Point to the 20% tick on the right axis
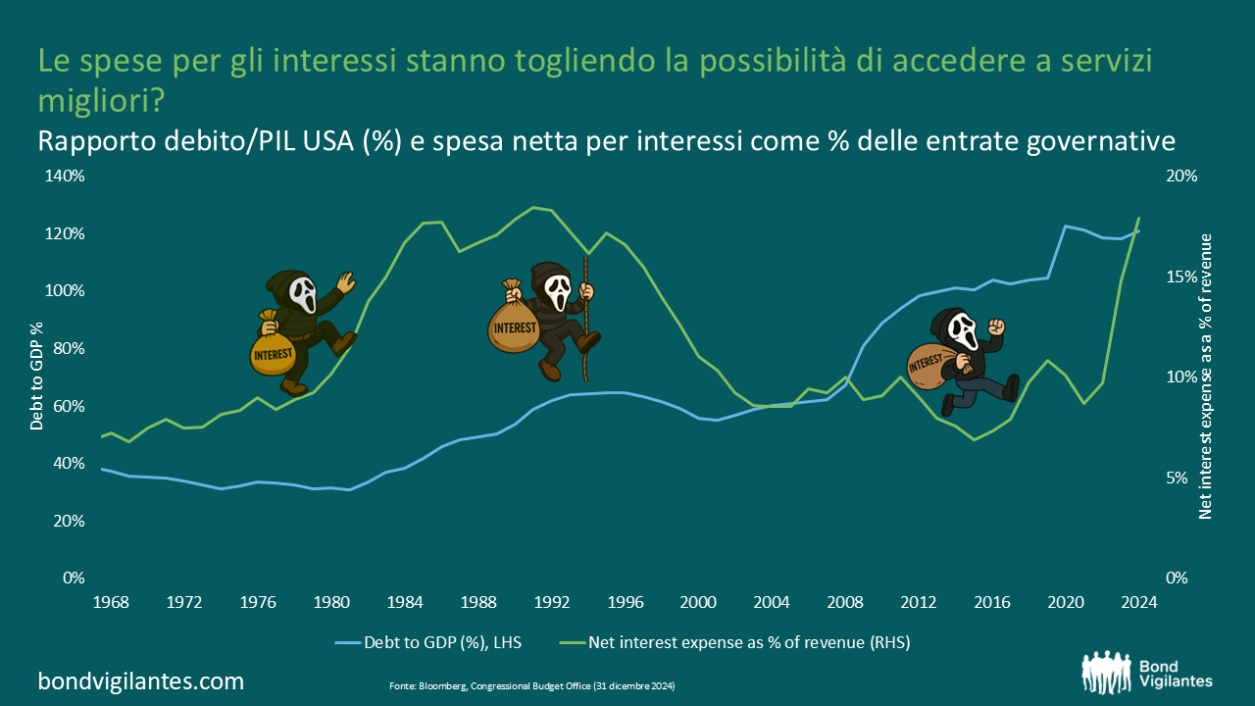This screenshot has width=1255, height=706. click(x=1182, y=176)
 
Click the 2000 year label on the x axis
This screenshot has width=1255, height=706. click(x=697, y=602)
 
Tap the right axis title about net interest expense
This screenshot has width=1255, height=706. click(x=1205, y=377)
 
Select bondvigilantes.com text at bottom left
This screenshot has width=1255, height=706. click(x=140, y=681)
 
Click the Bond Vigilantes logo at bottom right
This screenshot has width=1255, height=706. click(x=1146, y=671)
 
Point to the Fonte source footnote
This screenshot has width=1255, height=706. click(x=532, y=685)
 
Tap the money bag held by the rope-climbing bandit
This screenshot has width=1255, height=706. click(x=514, y=322)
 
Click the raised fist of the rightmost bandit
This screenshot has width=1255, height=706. click(x=996, y=327)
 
